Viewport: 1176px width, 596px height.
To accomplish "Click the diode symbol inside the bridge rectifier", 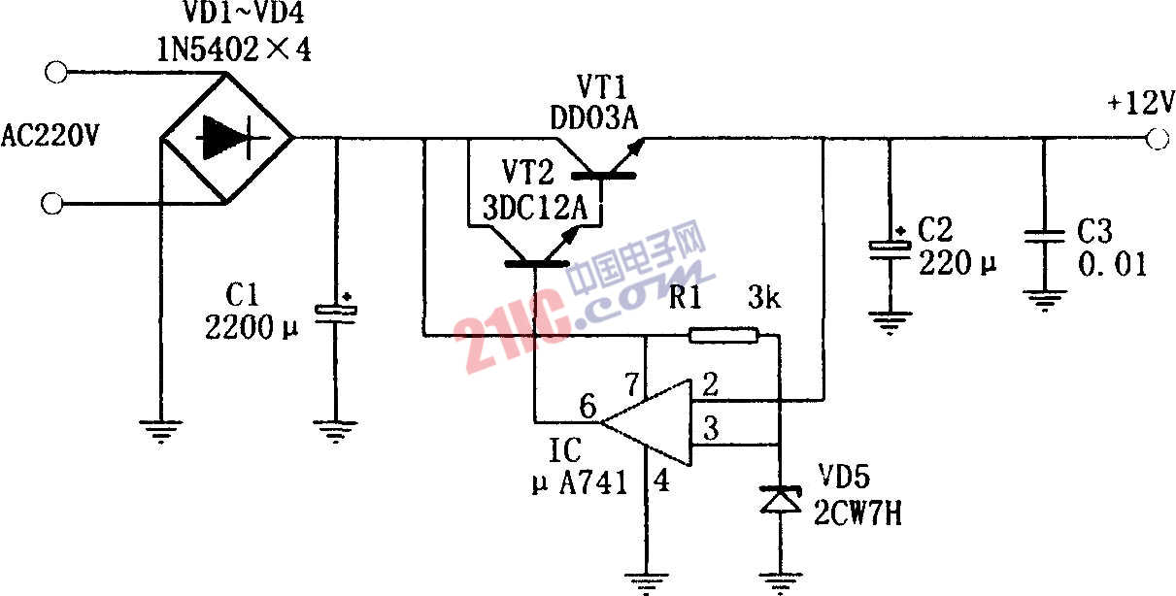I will [224, 138].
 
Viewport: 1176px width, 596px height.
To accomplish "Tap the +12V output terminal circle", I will [1157, 139].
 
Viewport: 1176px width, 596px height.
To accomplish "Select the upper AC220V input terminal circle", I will [56, 72].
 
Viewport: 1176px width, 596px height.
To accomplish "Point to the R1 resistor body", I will [722, 336].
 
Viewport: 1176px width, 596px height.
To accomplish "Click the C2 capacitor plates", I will [889, 247].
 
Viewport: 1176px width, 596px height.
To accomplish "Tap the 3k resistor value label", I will [764, 298].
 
